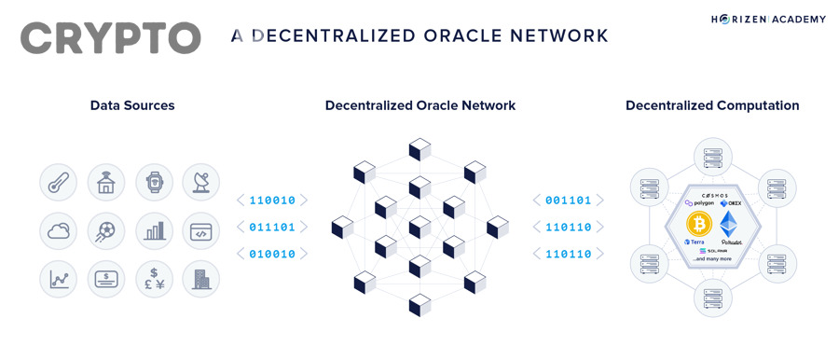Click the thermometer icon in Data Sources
pyautogui.click(x=59, y=182)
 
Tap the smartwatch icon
pyautogui.click(x=154, y=182)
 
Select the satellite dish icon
pyautogui.click(x=201, y=182)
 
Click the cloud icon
pyautogui.click(x=59, y=230)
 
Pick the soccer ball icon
pyautogui.click(x=106, y=230)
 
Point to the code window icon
pyautogui.click(x=201, y=230)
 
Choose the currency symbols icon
pyautogui.click(x=154, y=279)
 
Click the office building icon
pyautogui.click(x=201, y=279)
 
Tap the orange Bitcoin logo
pyautogui.click(x=699, y=224)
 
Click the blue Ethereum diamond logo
pyautogui.click(x=729, y=224)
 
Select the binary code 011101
pyautogui.click(x=272, y=227)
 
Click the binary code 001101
pyautogui.click(x=569, y=201)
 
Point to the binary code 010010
pyautogui.click(x=272, y=254)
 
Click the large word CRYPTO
pyautogui.click(x=110, y=37)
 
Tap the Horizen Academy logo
pyautogui.click(x=769, y=19)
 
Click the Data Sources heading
pyautogui.click(x=132, y=105)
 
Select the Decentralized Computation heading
pyautogui.click(x=712, y=105)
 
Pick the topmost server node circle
pyautogui.click(x=712, y=157)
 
